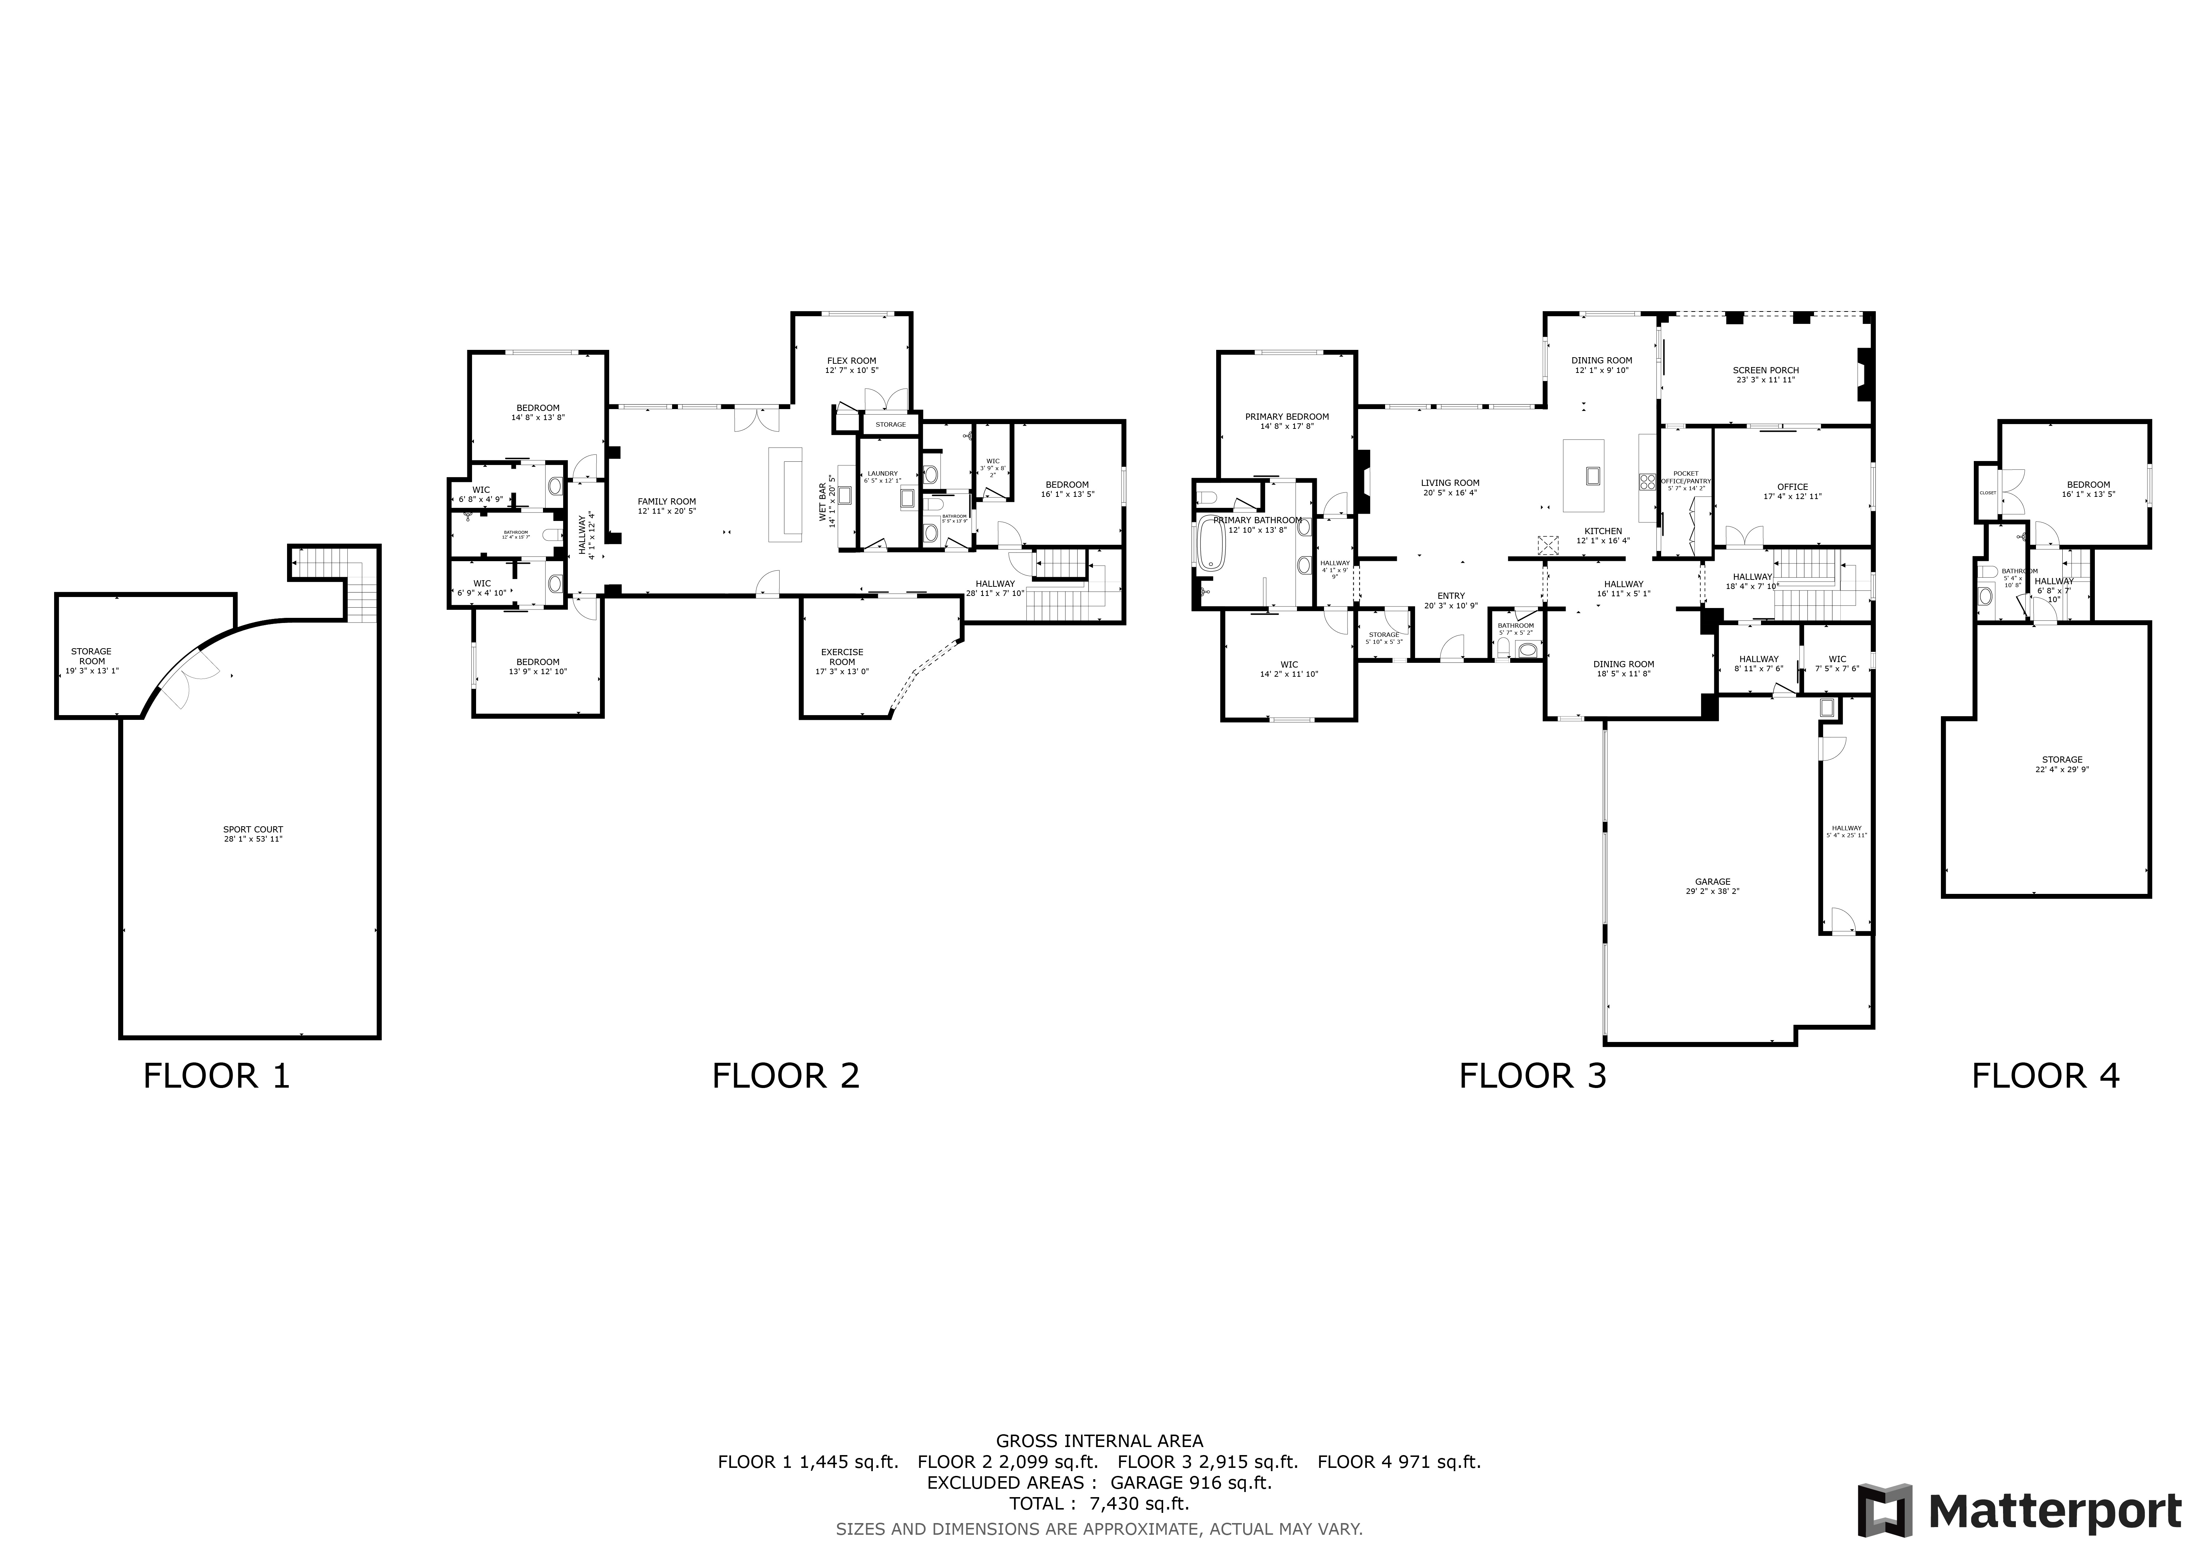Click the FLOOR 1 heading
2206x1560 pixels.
216,1076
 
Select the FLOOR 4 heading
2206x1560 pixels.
2045,1076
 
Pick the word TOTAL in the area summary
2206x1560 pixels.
1036,1503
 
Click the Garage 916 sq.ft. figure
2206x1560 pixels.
1191,1482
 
